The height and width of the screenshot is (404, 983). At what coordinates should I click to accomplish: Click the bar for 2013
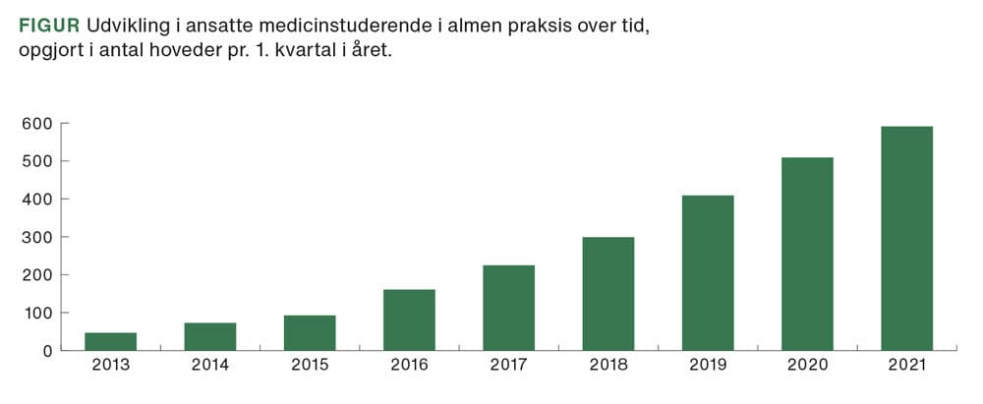(x=110, y=341)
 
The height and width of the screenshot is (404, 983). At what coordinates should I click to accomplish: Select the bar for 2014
(x=209, y=336)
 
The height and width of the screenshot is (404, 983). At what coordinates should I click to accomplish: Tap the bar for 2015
(x=310, y=332)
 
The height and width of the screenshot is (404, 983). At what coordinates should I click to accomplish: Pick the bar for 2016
(x=409, y=319)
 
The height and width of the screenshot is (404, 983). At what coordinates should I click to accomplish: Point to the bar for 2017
(x=508, y=308)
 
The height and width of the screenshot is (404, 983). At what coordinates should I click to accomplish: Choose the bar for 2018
(x=607, y=293)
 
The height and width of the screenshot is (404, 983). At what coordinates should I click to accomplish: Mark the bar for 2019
(x=708, y=272)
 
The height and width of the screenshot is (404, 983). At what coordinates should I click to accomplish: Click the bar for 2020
(x=807, y=254)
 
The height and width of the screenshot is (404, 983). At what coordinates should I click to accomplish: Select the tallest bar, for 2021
(x=906, y=238)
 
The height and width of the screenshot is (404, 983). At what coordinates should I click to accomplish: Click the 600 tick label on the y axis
(x=36, y=124)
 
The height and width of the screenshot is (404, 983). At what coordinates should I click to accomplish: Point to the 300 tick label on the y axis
(x=36, y=238)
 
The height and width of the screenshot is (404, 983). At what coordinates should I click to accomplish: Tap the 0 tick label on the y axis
(x=45, y=351)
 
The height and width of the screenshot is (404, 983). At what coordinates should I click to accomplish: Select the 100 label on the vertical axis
(x=36, y=314)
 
